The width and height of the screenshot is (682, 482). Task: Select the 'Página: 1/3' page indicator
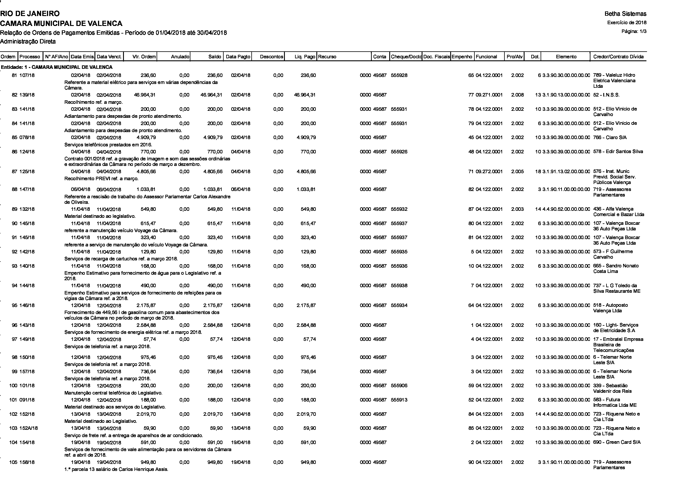(x=634, y=31)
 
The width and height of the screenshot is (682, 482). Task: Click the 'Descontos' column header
(x=271, y=57)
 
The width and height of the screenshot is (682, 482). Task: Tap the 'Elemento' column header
(x=566, y=57)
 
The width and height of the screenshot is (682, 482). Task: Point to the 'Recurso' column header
(x=327, y=57)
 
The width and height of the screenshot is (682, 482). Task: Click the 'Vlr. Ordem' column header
(x=144, y=57)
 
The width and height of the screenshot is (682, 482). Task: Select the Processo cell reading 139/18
(x=27, y=95)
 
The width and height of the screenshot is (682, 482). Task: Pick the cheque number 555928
(x=399, y=76)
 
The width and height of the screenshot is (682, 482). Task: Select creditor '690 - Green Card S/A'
(x=617, y=442)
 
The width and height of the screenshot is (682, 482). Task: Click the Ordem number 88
(x=14, y=190)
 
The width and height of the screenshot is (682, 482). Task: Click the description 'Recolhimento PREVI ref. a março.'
(x=101, y=179)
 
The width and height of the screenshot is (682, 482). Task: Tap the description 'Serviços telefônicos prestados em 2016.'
(x=108, y=145)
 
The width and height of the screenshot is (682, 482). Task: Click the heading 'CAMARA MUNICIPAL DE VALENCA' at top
(x=61, y=23)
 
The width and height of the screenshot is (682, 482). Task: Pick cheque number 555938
(x=399, y=286)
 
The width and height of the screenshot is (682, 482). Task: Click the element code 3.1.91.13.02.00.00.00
(x=566, y=171)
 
